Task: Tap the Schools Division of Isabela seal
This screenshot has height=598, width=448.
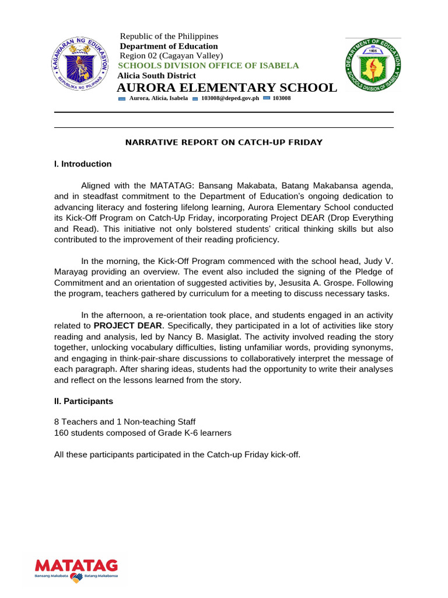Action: click(x=373, y=65)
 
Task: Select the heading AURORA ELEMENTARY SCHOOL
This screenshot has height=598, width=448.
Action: click(x=227, y=88)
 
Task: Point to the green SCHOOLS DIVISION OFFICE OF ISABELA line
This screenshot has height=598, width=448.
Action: click(x=209, y=65)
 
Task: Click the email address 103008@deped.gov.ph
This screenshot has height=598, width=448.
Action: click(x=229, y=99)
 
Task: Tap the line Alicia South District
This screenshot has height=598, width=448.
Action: click(x=157, y=76)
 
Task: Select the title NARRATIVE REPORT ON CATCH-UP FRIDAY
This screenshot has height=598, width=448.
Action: click(x=224, y=142)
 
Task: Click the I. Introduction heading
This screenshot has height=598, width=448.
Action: click(x=83, y=164)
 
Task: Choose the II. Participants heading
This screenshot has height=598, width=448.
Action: click(x=84, y=401)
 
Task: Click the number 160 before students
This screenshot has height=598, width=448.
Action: click(x=61, y=433)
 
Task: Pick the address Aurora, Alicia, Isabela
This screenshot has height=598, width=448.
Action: click(x=158, y=99)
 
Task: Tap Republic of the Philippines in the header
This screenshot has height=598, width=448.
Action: click(x=169, y=36)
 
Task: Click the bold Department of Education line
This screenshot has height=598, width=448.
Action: click(x=169, y=46)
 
